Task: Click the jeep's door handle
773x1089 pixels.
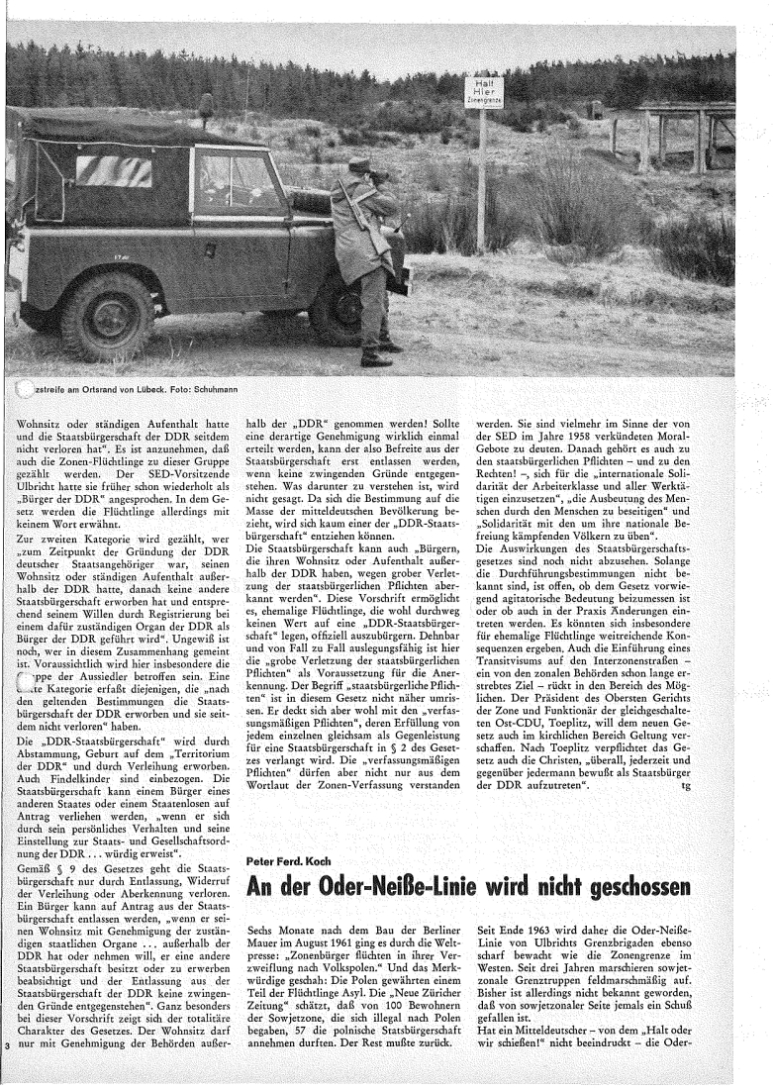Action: pos(202,221)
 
